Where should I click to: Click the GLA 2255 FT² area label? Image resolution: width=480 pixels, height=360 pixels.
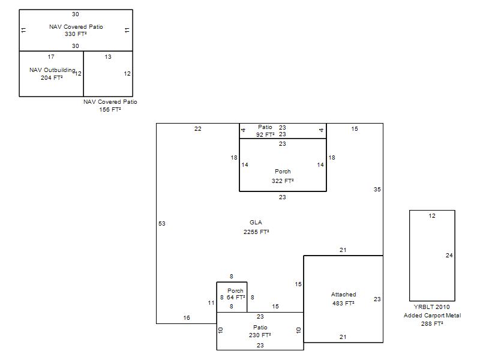256,227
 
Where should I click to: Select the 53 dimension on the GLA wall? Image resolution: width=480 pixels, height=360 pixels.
162,224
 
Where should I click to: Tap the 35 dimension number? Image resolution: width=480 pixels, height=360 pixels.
377,190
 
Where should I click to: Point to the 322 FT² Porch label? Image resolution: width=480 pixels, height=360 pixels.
283,176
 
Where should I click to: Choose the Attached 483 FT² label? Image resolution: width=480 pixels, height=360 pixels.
343,299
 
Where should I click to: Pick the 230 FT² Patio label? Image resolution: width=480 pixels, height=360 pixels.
260,332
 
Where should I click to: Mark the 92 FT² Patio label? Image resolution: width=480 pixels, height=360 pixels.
265,131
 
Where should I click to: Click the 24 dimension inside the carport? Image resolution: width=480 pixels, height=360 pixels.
449,256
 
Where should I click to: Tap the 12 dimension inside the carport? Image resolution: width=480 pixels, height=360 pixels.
432,216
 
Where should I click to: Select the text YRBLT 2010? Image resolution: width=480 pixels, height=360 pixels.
431,307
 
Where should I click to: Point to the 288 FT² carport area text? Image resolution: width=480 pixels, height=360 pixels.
432,323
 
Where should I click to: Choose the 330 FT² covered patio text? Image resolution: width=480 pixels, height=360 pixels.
76,34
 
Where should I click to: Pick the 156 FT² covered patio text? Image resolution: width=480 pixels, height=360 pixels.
110,110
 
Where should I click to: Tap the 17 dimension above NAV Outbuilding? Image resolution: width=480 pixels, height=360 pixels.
51,57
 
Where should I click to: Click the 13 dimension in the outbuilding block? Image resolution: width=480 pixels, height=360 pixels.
108,57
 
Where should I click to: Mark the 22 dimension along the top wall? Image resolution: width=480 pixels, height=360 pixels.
198,129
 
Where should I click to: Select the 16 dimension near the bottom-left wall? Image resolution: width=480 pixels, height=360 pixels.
187,318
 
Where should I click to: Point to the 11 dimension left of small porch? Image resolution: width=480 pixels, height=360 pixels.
211,303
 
